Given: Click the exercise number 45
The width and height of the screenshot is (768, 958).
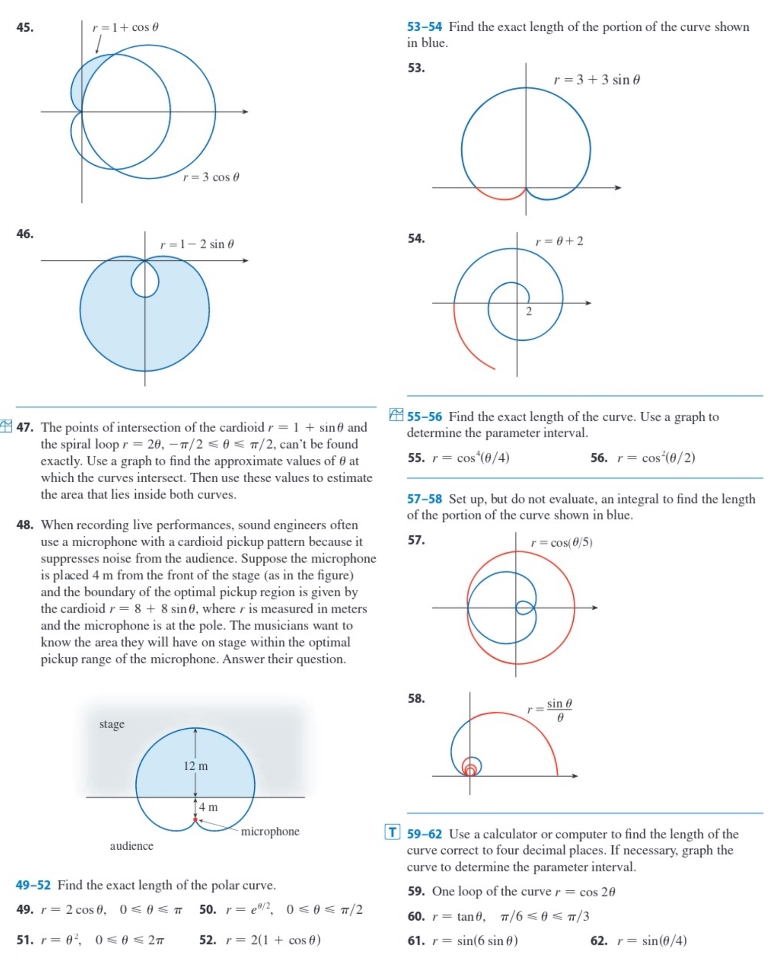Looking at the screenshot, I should (x=25, y=28).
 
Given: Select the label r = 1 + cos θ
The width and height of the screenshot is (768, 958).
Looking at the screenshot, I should (x=125, y=28).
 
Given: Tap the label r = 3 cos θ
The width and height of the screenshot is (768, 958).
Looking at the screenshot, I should (x=211, y=177).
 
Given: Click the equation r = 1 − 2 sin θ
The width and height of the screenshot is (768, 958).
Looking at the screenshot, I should (x=197, y=244).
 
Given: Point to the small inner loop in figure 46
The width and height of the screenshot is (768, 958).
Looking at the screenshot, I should (x=145, y=281).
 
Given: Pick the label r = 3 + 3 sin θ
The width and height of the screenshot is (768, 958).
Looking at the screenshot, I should (x=596, y=80).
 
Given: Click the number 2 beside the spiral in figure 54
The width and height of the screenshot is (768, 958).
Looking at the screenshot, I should (x=529, y=312).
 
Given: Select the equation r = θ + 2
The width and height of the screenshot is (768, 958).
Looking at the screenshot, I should (x=559, y=241).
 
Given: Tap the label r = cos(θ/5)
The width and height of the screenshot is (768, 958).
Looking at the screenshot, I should (x=561, y=543).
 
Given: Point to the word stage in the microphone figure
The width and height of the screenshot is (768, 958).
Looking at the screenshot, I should (x=112, y=724).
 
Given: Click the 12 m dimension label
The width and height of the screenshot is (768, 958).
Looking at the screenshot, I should (x=196, y=766).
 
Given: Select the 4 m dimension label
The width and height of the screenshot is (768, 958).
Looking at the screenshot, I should (x=208, y=807).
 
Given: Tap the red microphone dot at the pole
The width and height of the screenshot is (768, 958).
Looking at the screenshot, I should (x=195, y=819).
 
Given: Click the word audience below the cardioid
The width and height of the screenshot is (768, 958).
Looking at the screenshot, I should (x=132, y=846).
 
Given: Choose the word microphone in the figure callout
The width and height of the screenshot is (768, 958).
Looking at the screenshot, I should (x=270, y=831).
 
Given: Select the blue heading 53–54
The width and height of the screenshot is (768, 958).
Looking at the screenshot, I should (x=424, y=27).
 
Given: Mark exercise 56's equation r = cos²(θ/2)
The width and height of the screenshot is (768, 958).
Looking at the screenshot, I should (x=656, y=458).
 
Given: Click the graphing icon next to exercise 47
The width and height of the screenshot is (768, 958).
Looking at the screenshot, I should (x=6, y=426).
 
